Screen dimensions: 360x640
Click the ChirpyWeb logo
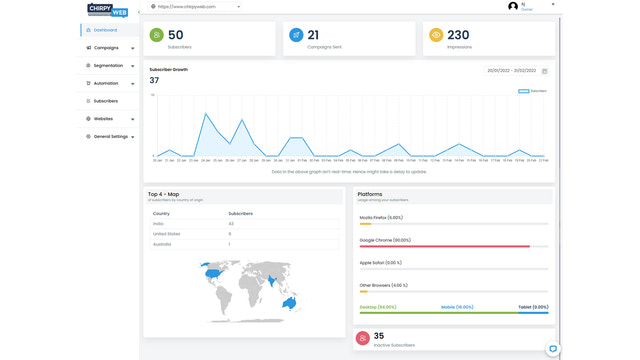point(108,10)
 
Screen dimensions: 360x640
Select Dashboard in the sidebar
point(105,30)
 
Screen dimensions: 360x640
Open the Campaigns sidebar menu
point(106,48)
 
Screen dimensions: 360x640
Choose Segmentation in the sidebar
point(108,66)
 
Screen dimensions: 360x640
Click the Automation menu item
point(106,83)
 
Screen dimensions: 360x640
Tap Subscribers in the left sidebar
point(106,101)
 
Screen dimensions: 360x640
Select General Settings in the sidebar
point(110,136)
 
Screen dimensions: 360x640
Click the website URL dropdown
point(196,6)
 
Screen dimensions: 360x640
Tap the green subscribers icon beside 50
point(157,35)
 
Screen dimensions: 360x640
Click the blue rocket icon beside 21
point(296,35)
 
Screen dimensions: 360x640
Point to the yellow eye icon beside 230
point(436,35)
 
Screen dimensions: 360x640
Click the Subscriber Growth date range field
point(512,71)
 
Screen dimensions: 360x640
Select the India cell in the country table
point(159,224)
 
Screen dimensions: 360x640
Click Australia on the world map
point(290,302)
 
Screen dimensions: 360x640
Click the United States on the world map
point(211,272)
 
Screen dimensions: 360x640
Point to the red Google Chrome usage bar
point(444,246)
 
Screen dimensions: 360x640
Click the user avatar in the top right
point(513,6)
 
